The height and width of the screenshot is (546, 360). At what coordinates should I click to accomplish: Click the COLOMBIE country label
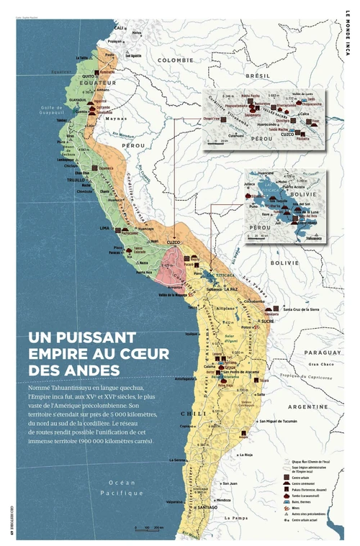[176, 60]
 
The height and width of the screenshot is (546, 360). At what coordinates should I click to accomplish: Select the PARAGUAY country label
[323, 352]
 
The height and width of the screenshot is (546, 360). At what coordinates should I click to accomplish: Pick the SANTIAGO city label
[207, 507]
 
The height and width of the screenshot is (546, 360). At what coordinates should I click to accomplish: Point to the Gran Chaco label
[320, 364]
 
